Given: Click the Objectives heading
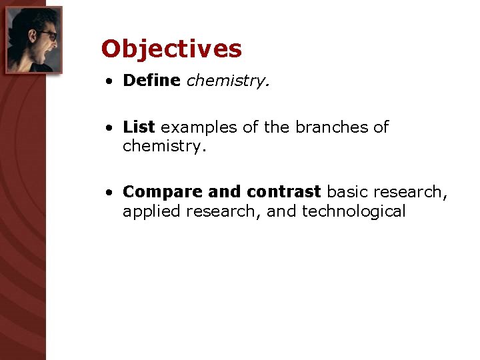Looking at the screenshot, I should pos(171,49).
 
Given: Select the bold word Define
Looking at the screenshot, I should pos(151,81).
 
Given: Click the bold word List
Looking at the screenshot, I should pos(139,127).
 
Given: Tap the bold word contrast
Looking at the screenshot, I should pos(284,192).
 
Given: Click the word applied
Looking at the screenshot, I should pos(151,211).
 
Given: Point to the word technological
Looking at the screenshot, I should pos(354,211).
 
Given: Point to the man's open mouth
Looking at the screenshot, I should pos(47,51).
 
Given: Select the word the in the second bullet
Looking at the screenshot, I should pos(276,127).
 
